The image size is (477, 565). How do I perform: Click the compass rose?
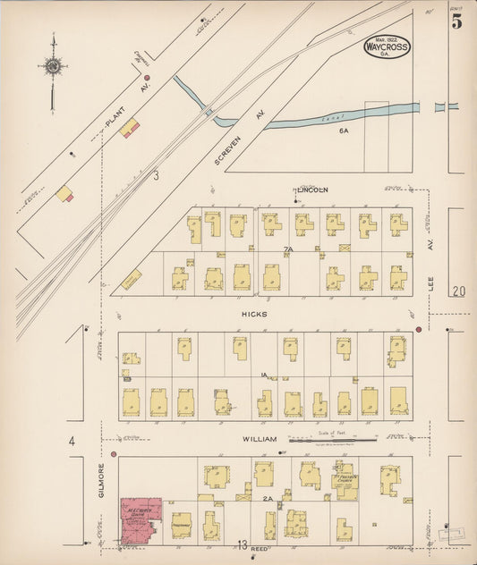(x=53, y=66)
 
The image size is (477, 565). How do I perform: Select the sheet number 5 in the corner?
(x=457, y=22)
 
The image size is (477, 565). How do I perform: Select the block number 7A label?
(x=288, y=249)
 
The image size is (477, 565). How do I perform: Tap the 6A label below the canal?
(x=344, y=130)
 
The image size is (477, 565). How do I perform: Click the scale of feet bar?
(x=332, y=439)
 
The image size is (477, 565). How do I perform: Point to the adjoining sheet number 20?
(x=459, y=291)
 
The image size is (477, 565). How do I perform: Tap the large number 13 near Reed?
(x=243, y=544)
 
